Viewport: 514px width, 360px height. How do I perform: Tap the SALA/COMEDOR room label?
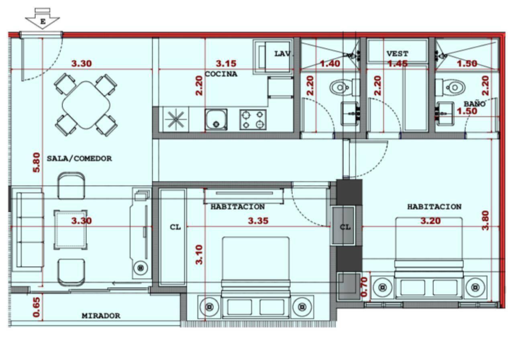pos(80,158)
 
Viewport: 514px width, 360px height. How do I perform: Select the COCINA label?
pos(221,74)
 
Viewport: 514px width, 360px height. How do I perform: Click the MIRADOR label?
pos(101,316)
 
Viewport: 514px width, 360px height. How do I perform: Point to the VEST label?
pos(398,54)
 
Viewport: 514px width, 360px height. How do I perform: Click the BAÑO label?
pos(475,104)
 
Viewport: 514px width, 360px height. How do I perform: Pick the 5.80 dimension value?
pos(37,162)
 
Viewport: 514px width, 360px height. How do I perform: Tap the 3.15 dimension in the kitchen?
pos(226,63)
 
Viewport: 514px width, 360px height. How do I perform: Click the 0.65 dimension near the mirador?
pos(37,307)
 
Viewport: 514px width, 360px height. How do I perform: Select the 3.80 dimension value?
pos(485,221)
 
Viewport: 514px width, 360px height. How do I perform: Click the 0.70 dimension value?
pos(364,287)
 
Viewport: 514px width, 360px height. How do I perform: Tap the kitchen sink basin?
pos(216,119)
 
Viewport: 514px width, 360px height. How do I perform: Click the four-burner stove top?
pos(253,120)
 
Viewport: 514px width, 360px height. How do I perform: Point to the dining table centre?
pos(86,105)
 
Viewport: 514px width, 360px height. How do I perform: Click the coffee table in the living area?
pos(71,229)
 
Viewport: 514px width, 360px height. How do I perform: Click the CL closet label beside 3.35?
pos(175,227)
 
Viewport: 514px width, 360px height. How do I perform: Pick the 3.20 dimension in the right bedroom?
pos(430,221)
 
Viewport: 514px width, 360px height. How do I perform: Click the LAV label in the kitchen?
pos(282,54)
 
